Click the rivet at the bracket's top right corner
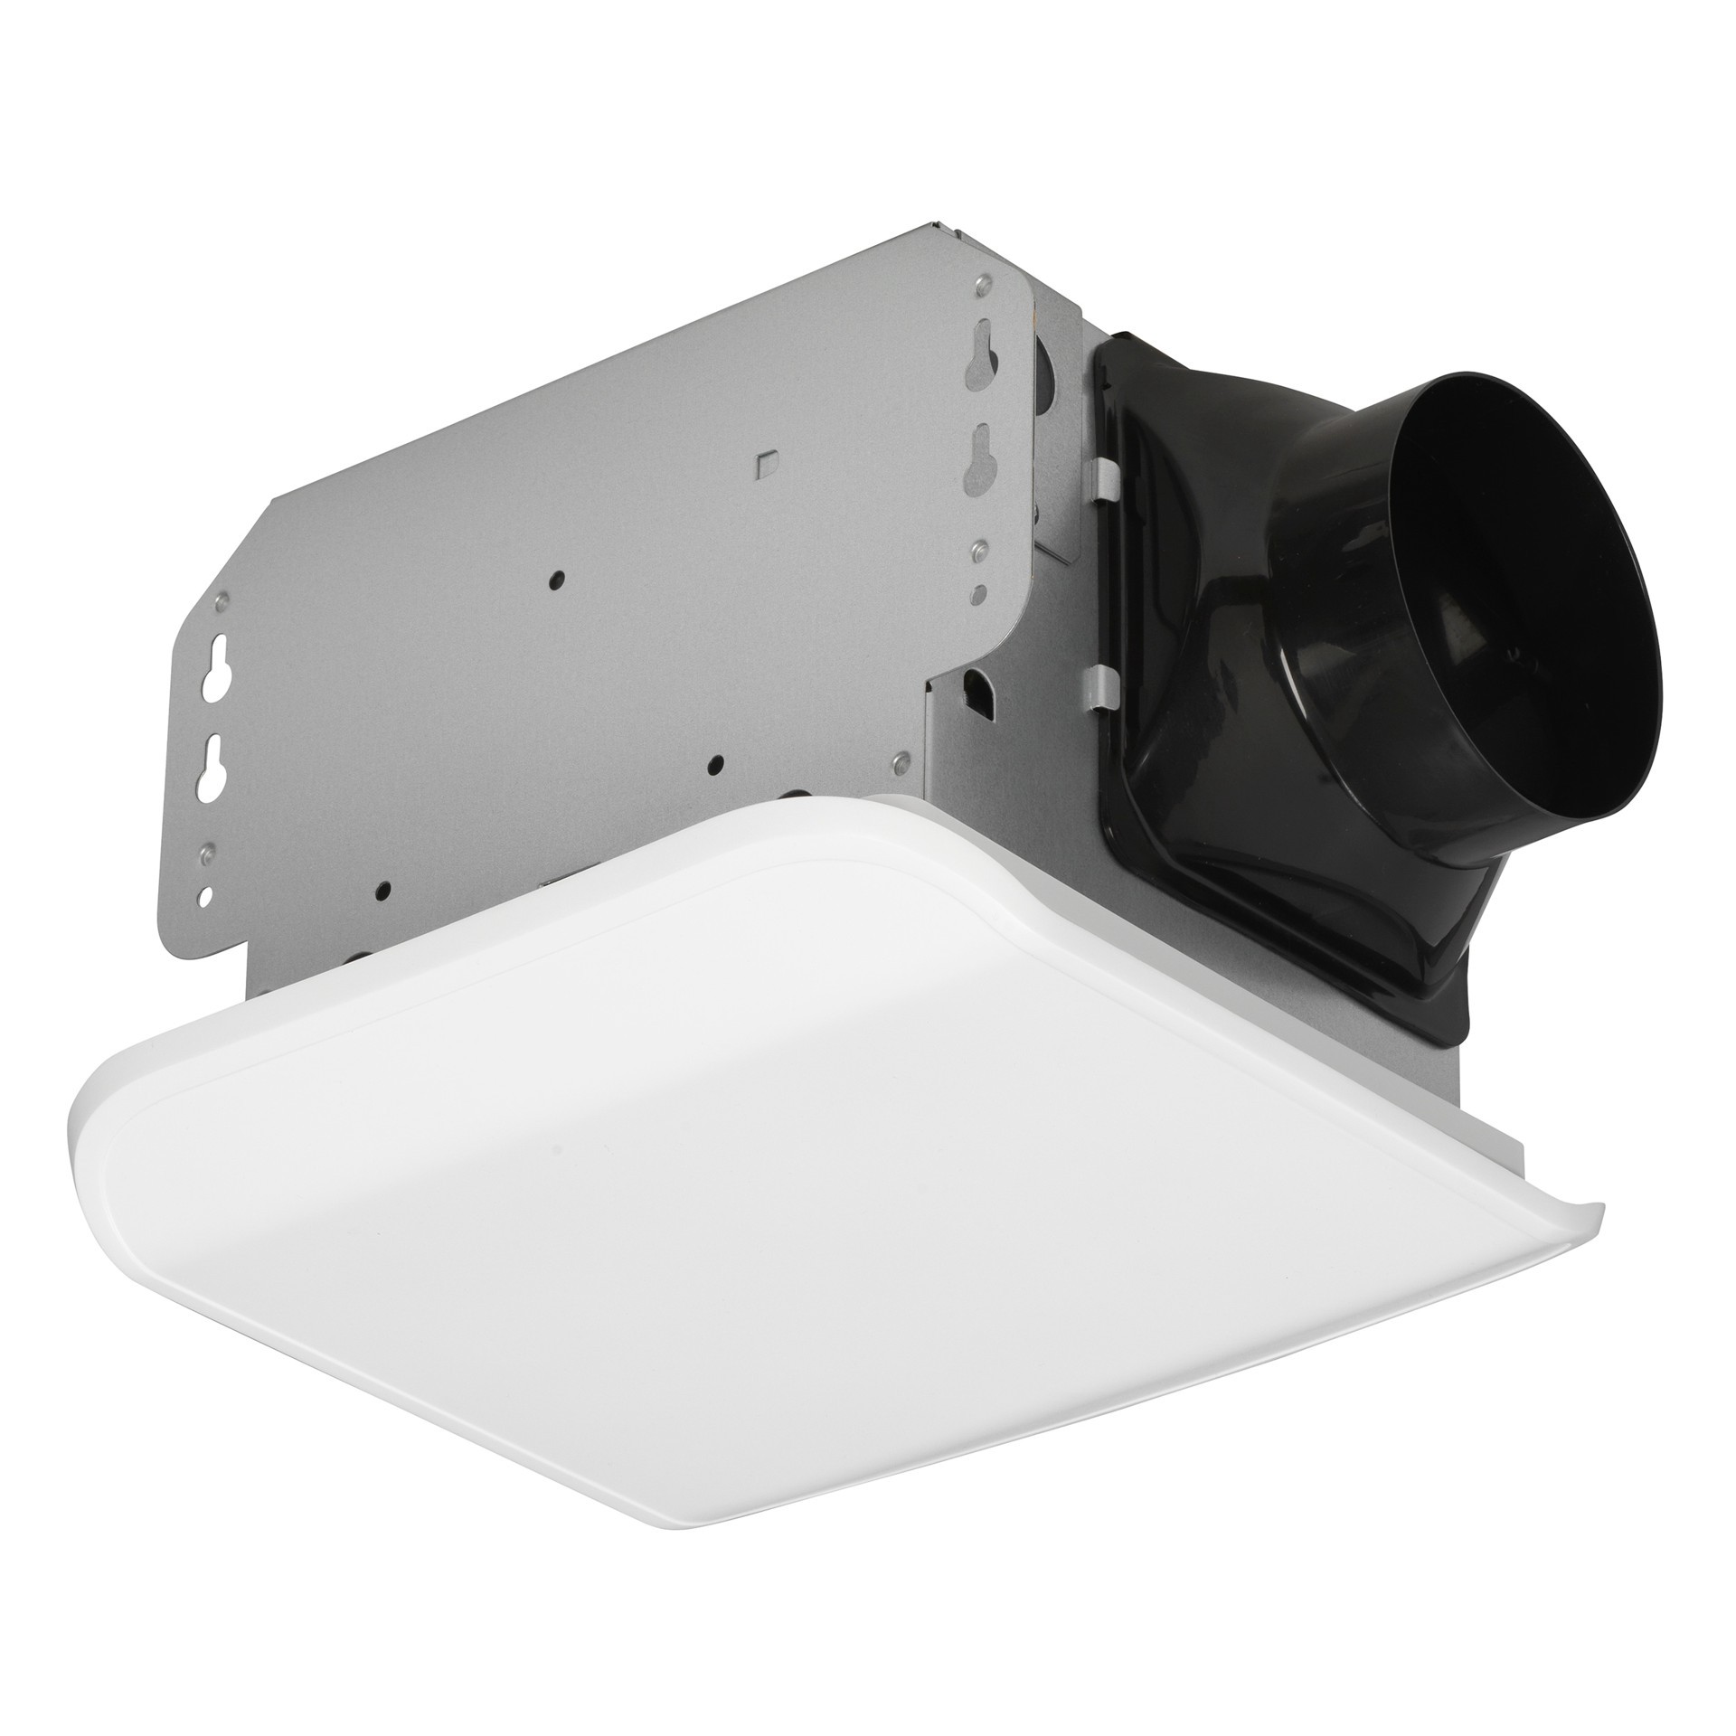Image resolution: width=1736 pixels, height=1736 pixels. pyautogui.click(x=979, y=288)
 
